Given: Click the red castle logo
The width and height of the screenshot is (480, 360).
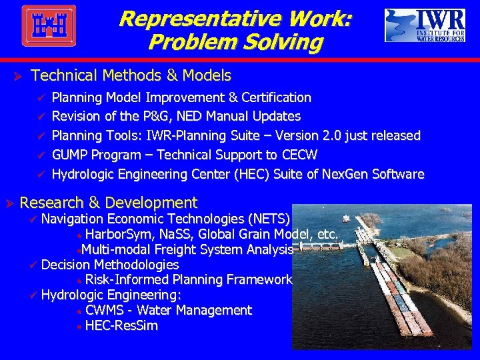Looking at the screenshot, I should (x=48, y=26).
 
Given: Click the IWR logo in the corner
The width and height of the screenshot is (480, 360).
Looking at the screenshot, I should (x=425, y=25).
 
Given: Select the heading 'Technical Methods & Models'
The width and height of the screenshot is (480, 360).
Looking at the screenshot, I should (x=131, y=75).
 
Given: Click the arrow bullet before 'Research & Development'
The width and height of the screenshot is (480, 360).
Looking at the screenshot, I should (x=9, y=203).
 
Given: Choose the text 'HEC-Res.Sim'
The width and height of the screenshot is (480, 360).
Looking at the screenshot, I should (x=121, y=326).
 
